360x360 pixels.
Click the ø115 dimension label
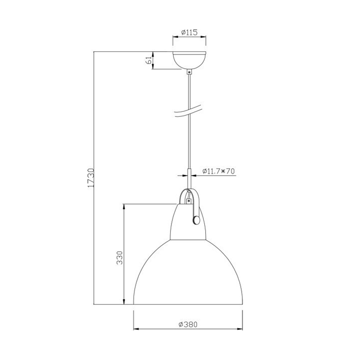[189, 32]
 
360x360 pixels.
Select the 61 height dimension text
[149, 60]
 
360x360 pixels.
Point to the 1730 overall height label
[91, 178]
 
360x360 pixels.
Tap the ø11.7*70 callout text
[218, 171]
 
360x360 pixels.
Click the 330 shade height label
[120, 258]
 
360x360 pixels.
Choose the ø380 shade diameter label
[188, 324]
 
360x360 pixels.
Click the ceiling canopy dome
[189, 60]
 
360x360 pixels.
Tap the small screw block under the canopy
[189, 72]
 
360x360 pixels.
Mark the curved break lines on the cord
[188, 111]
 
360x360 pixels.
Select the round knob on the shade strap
[196, 220]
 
